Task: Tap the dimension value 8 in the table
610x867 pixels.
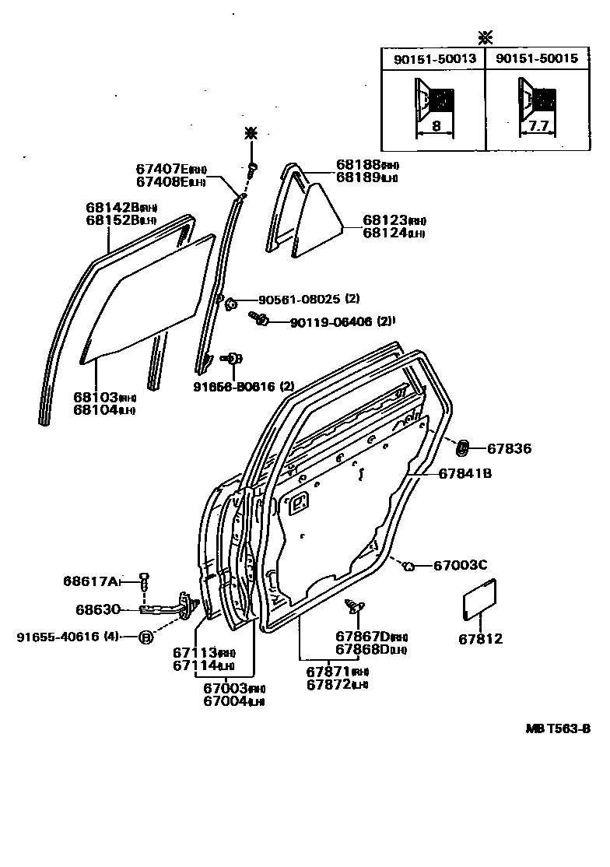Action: (436, 126)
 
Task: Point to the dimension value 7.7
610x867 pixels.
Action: (538, 126)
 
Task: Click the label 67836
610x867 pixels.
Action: (509, 448)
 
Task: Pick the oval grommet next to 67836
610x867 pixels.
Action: (461, 448)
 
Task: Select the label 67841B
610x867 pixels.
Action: (465, 473)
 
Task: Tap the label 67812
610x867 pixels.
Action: (481, 639)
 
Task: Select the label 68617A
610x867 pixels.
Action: (92, 581)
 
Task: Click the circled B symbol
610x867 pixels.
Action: (145, 637)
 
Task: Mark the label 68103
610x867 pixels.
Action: (95, 397)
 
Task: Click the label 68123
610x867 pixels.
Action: (385, 221)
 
